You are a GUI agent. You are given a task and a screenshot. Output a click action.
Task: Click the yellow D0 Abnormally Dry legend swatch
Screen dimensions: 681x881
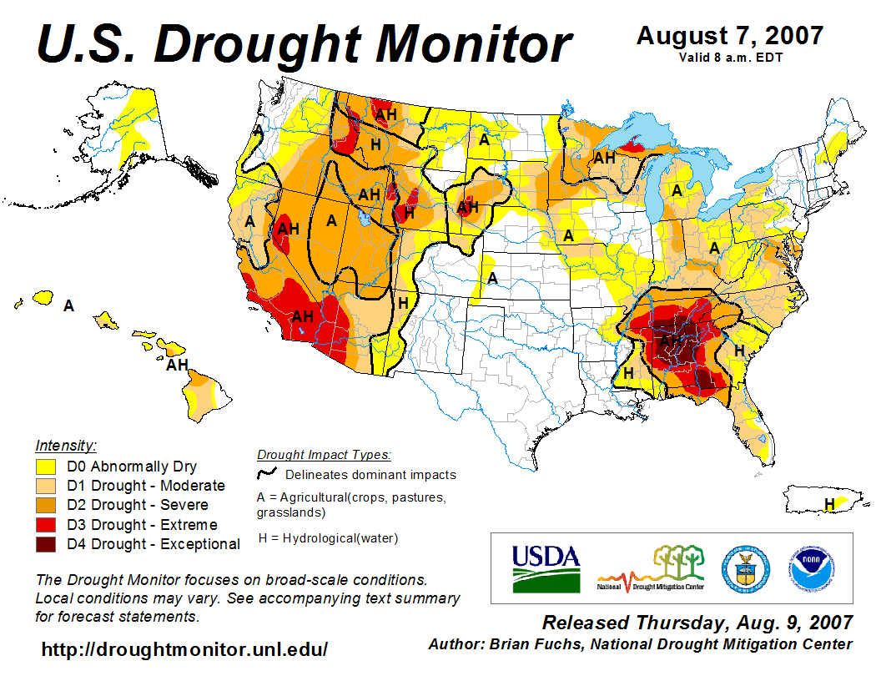tap(46, 467)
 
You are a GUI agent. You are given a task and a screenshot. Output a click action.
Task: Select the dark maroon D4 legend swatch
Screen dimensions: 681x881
tap(46, 544)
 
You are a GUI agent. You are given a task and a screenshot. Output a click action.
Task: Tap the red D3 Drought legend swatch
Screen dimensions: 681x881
tap(46, 525)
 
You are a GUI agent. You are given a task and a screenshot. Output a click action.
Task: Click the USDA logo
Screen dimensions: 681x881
tap(546, 567)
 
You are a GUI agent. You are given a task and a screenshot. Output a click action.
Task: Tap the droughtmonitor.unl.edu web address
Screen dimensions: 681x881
tap(184, 649)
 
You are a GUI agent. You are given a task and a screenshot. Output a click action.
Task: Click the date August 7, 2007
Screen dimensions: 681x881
tap(730, 36)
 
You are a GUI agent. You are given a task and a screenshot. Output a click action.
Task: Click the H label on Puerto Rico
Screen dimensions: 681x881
tap(829, 503)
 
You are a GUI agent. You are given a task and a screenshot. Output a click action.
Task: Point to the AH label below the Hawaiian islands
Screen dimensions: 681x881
tap(177, 365)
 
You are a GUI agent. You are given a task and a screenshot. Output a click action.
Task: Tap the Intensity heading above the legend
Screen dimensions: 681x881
tap(67, 445)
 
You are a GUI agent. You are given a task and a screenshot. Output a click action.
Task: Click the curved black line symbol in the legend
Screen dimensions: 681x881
tap(268, 473)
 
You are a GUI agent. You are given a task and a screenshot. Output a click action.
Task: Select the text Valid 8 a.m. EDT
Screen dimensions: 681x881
tap(730, 58)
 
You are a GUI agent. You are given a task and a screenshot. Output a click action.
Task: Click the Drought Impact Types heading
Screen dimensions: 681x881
tap(324, 455)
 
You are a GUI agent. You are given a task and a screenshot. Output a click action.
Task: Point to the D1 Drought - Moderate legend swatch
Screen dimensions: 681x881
tap(46, 486)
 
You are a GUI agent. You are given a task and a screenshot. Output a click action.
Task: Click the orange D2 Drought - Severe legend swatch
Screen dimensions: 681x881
tap(46, 505)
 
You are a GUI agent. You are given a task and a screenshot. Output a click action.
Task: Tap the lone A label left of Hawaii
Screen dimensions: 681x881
tap(69, 306)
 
